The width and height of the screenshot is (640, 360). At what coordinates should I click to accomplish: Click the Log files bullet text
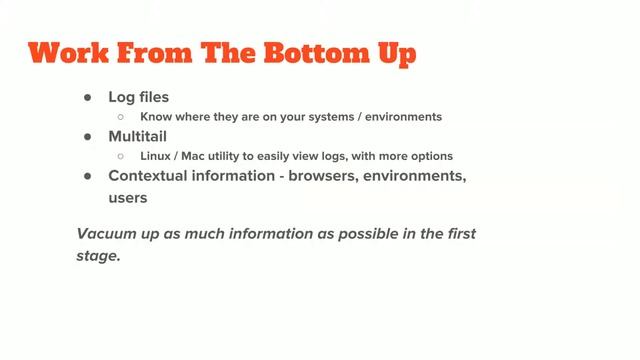tap(139, 97)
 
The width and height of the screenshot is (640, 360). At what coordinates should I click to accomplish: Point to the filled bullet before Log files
tap(87, 97)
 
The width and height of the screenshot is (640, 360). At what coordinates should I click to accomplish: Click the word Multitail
tap(139, 136)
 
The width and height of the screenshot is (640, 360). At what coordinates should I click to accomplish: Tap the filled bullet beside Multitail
tap(87, 136)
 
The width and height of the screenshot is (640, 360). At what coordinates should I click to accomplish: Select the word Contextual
tap(149, 175)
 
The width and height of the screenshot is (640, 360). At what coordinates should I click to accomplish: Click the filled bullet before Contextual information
tap(87, 175)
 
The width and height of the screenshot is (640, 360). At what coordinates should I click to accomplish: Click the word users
tap(128, 197)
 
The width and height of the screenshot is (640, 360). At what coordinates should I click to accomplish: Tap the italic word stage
tap(99, 255)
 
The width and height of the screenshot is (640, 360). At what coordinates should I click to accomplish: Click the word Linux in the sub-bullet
tap(157, 156)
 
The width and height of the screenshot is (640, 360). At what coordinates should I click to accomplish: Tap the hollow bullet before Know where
tap(120, 117)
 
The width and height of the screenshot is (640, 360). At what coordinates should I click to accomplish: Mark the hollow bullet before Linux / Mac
tap(120, 156)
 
